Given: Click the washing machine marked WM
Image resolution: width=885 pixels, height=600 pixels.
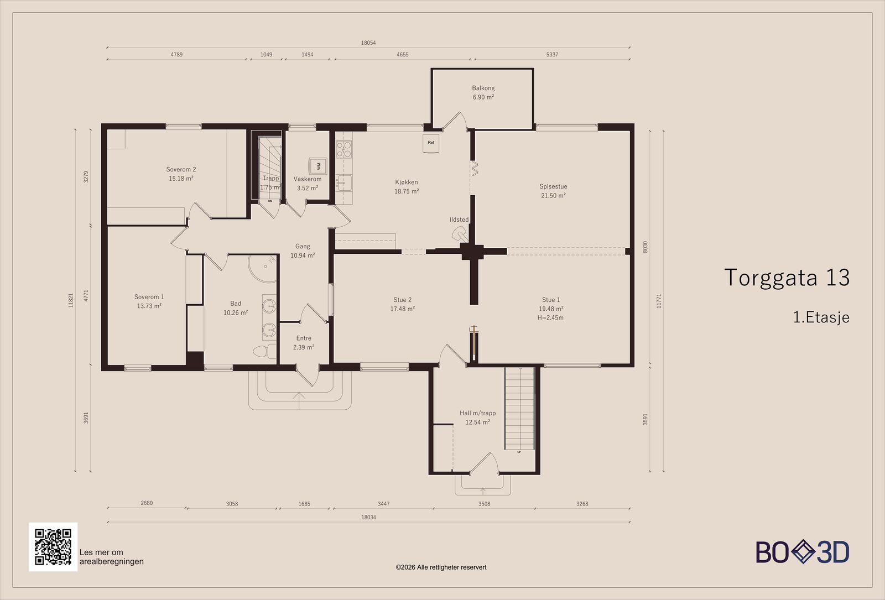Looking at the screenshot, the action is (318, 166).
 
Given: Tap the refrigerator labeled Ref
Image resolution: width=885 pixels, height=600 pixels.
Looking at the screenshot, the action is (431, 143).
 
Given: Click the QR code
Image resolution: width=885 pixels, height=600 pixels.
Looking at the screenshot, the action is (53, 547).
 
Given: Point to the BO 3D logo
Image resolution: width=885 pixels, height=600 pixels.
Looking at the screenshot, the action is (803, 552).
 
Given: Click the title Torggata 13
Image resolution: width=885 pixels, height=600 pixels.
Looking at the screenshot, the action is (787, 277).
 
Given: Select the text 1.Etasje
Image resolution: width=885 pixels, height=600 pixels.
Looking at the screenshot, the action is (821, 317).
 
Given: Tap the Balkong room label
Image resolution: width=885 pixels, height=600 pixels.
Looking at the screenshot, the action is (483, 88).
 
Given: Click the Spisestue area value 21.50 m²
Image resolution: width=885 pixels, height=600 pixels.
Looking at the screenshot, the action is (553, 196).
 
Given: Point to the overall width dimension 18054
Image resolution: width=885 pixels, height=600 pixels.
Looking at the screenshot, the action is (368, 43).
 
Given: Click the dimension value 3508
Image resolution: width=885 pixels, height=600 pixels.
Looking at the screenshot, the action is (484, 504).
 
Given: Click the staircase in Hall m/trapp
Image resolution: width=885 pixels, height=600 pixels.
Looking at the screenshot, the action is (519, 408).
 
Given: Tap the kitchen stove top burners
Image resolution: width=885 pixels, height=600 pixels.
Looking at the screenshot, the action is (343, 150).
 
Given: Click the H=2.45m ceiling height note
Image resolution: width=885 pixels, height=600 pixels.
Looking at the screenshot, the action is (550, 317).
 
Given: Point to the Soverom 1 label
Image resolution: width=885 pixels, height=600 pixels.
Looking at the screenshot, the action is (149, 296).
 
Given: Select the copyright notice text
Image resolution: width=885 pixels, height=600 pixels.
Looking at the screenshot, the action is (441, 567).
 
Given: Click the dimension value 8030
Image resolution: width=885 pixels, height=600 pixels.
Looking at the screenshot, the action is (645, 247).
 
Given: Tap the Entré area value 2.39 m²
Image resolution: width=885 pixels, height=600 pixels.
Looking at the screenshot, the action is (304, 347).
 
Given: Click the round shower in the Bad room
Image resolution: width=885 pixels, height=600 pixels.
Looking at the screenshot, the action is (263, 269).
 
